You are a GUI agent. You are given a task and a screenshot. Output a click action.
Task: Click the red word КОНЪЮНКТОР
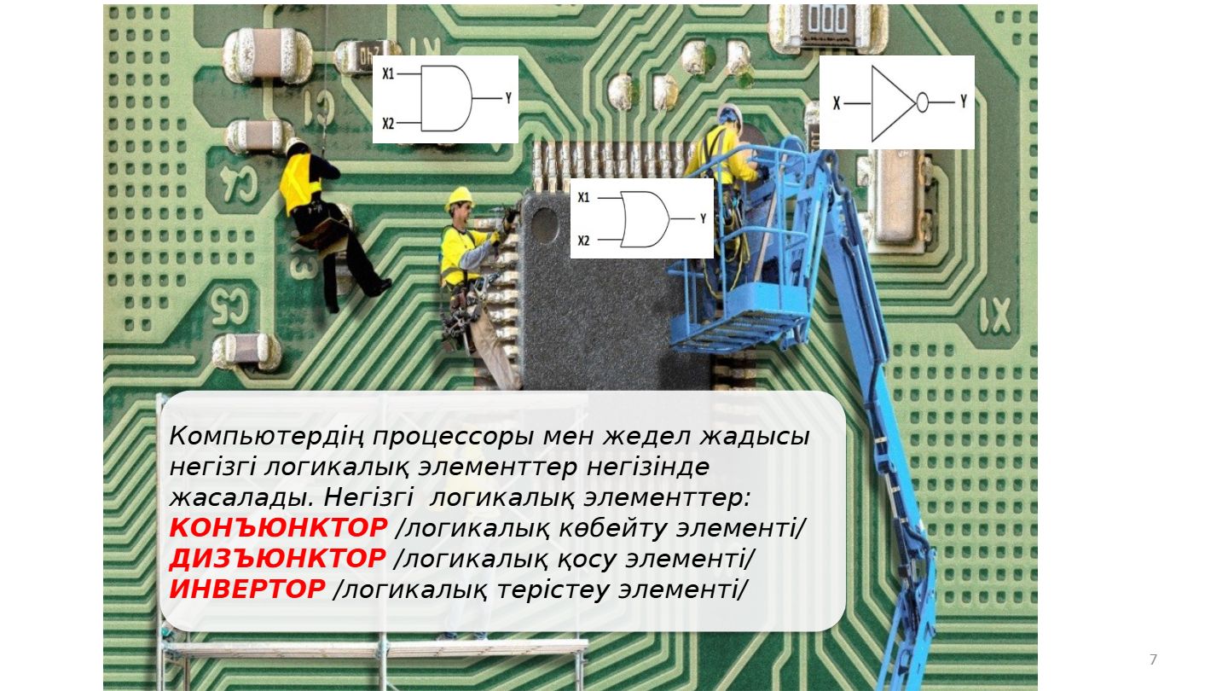pyautogui.click(x=278, y=528)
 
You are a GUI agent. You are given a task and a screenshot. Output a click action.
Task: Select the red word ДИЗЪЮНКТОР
pyautogui.click(x=277, y=559)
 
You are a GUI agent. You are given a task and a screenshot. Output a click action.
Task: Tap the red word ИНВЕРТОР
pyautogui.click(x=247, y=589)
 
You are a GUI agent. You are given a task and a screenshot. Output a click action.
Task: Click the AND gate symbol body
pyautogui.click(x=446, y=99)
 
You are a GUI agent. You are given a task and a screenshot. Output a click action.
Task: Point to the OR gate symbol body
pyautogui.click(x=645, y=218)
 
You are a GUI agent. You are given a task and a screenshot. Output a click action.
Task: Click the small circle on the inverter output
pyautogui.click(x=922, y=102)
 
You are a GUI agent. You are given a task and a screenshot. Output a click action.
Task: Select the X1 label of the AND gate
pyautogui.click(x=388, y=73)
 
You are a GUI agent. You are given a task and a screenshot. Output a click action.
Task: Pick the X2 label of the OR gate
pyautogui.click(x=583, y=241)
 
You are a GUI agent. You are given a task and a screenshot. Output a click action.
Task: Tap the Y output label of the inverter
pyautogui.click(x=964, y=102)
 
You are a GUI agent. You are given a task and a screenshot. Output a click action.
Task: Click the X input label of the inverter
pyautogui.click(x=837, y=103)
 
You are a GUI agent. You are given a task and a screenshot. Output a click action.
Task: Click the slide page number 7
pyautogui.click(x=1153, y=659)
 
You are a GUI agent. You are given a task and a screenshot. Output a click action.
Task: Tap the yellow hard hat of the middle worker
pyautogui.click(x=460, y=196)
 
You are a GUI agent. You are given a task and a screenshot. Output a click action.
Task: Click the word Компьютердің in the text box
pyautogui.click(x=266, y=437)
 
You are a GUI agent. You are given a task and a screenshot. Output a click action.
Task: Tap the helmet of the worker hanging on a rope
pyautogui.click(x=296, y=145)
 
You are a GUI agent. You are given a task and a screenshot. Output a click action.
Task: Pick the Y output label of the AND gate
pyautogui.click(x=508, y=98)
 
